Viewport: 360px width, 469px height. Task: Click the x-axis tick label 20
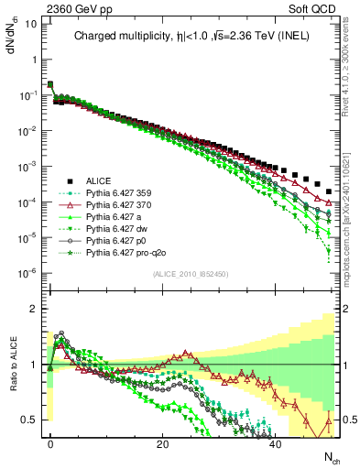tap(163, 443)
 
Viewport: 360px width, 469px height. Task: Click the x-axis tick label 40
tap(276, 443)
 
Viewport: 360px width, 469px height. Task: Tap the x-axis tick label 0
tap(50, 443)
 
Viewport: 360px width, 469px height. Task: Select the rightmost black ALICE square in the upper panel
tap(329, 191)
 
